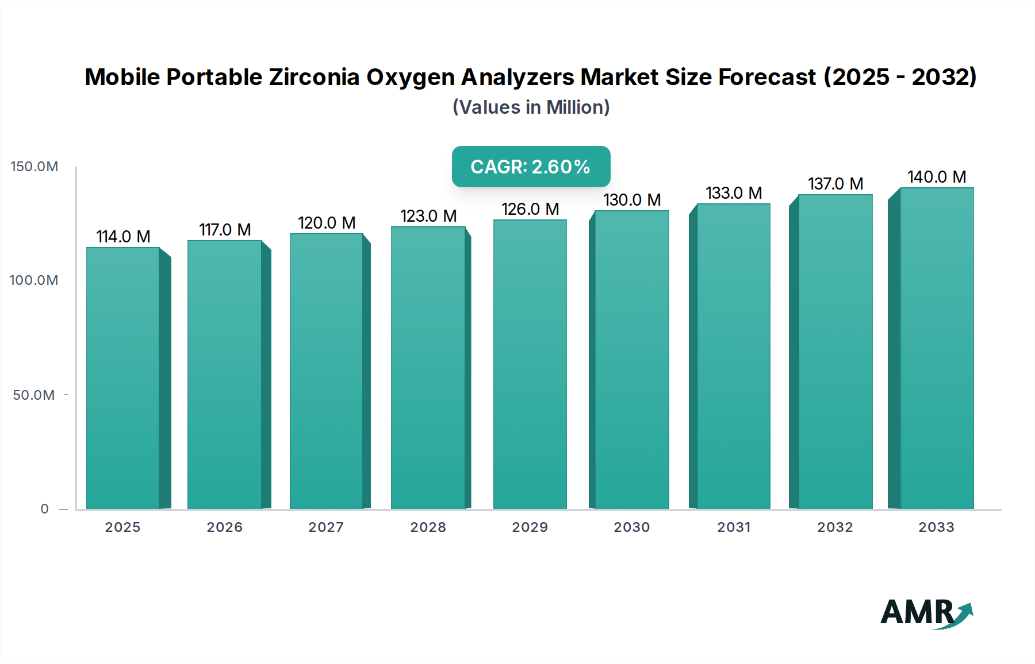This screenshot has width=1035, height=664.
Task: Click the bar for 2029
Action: [x=530, y=364]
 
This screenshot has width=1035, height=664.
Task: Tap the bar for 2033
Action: [x=937, y=348]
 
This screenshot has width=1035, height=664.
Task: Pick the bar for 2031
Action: [x=733, y=356]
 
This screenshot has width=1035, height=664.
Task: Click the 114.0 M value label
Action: [x=123, y=237]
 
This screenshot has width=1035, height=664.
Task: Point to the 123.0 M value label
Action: [x=428, y=216]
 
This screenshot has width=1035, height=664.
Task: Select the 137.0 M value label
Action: [x=835, y=184]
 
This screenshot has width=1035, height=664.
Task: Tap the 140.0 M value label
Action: [x=937, y=177]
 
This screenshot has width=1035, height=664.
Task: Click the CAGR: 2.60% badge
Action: [x=531, y=167]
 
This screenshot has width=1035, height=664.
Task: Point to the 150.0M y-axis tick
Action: [x=34, y=167]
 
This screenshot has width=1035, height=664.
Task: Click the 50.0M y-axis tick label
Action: [x=34, y=395]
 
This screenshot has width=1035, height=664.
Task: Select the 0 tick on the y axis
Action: [x=44, y=509]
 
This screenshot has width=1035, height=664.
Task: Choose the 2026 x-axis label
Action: [x=224, y=527]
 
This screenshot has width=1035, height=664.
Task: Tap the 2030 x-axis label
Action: [x=631, y=527]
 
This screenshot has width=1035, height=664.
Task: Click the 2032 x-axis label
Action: [x=835, y=527]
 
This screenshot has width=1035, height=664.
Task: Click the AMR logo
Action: [x=926, y=613]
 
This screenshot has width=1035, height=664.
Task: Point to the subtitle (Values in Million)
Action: [x=531, y=107]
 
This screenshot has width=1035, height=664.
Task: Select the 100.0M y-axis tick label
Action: [x=34, y=280]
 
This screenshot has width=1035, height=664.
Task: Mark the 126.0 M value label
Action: [x=530, y=209]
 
